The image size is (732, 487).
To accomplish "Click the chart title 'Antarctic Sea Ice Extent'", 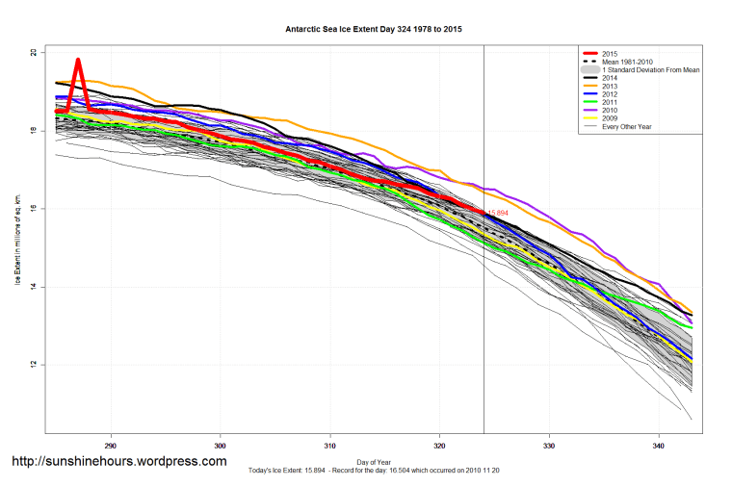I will pyautogui.click(x=374, y=30).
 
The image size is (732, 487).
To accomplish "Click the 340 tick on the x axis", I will pyautogui.click(x=659, y=448).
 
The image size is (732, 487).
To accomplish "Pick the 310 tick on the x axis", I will pyautogui.click(x=330, y=448).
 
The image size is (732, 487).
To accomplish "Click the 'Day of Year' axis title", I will pyautogui.click(x=374, y=461).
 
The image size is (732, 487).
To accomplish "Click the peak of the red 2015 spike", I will pyautogui.click(x=78, y=61).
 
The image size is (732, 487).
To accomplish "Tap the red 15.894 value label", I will pyautogui.click(x=498, y=213).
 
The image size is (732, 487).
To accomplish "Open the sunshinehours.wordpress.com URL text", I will pyautogui.click(x=118, y=461).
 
